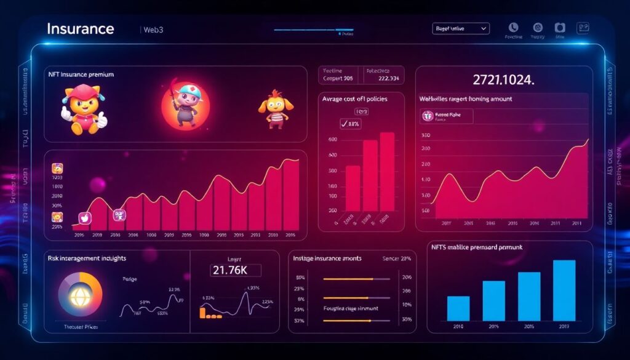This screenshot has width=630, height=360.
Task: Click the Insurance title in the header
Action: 81,29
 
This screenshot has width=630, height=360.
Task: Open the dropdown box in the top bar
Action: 461,28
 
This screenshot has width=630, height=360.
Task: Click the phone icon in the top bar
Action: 513,28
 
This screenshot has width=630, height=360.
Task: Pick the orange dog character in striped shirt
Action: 273,109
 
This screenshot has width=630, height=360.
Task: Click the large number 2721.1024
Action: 503,79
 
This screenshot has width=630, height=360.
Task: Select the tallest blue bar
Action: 564,290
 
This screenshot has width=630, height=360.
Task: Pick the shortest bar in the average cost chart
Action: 353,188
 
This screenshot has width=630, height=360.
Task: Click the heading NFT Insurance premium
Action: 81,74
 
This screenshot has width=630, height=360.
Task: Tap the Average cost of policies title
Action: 354,99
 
